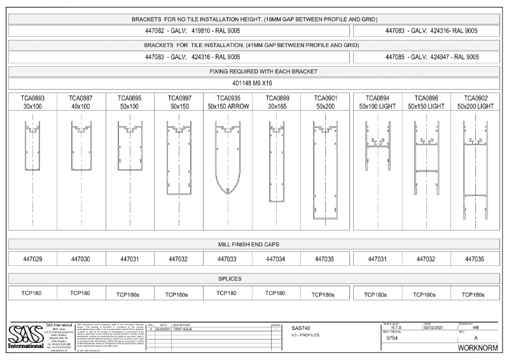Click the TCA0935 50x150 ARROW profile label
coord(228,102)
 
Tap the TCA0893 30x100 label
coord(32,102)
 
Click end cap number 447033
coord(228,259)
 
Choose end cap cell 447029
coord(32,259)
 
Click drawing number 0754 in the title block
coord(393,338)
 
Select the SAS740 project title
coord(302,328)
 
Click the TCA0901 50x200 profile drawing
coord(326,170)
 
